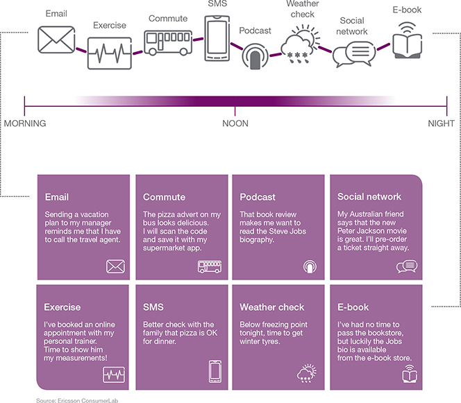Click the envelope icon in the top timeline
click(x=56, y=40)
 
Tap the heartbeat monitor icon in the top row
click(x=110, y=53)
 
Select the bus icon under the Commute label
click(x=168, y=43)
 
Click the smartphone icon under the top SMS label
click(x=217, y=38)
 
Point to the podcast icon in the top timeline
click(x=255, y=56)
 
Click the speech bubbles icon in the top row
click(x=354, y=54)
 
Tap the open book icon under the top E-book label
click(x=408, y=40)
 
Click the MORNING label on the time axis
click(x=25, y=123)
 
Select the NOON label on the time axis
click(x=235, y=123)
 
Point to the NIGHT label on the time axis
click(x=441, y=123)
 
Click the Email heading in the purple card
click(x=57, y=197)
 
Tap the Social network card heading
click(x=369, y=196)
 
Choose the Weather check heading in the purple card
click(x=272, y=307)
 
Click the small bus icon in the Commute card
click(x=210, y=267)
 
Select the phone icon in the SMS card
click(x=215, y=372)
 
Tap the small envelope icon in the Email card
click(x=115, y=266)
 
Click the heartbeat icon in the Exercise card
click(x=114, y=375)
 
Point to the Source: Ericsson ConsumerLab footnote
click(x=77, y=400)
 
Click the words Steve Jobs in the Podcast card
click(x=287, y=231)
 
